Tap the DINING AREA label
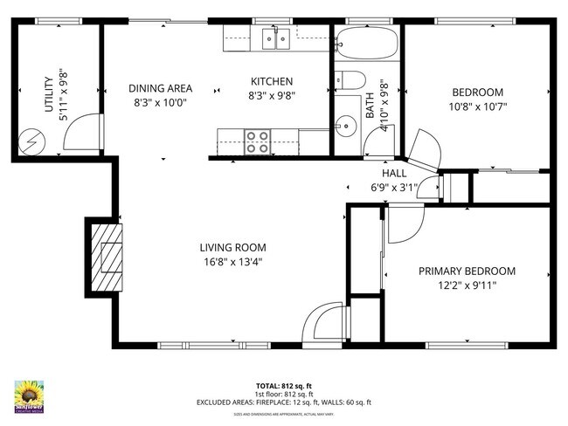click(160, 88)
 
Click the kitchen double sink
click(277, 38)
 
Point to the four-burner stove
click(257, 141)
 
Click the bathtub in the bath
click(366, 41)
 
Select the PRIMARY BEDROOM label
click(466, 271)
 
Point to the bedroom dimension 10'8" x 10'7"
click(477, 107)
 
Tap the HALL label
click(394, 172)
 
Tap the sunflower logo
click(31, 395)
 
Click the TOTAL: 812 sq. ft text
click(284, 385)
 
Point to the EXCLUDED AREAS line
click(284, 402)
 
